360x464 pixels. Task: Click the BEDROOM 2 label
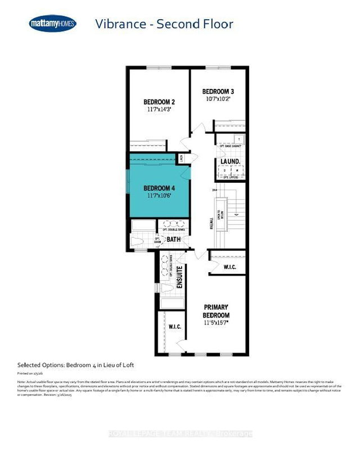pyautogui.click(x=159, y=102)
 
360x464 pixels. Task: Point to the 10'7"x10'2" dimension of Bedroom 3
pyautogui.click(x=218, y=100)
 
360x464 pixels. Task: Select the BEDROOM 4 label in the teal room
pyautogui.click(x=159, y=188)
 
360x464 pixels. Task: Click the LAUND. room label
pyautogui.click(x=230, y=161)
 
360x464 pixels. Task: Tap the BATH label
pyautogui.click(x=173, y=239)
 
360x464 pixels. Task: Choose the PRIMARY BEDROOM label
pyautogui.click(x=216, y=310)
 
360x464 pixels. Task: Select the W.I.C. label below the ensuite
pyautogui.click(x=174, y=326)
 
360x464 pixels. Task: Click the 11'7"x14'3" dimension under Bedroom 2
pyautogui.click(x=159, y=110)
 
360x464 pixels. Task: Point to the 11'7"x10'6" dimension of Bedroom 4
pyautogui.click(x=159, y=196)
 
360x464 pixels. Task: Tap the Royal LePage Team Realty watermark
pyautogui.click(x=179, y=433)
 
